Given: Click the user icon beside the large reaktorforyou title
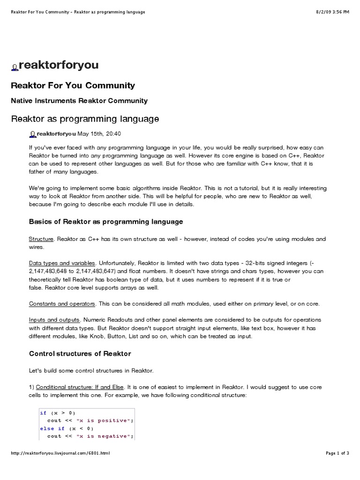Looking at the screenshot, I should pos(15,67).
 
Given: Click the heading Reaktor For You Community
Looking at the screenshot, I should pos(73,85).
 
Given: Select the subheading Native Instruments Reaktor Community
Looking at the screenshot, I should pos(79,100).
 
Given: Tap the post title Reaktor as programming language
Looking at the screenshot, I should pos(85,119).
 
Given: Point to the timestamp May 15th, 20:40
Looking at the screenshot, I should pos(99,134).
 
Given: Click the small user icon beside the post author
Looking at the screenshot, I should pos(32,134).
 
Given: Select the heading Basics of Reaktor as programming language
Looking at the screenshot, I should pos(106,221).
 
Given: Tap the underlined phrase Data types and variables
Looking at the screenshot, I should pos(62,263).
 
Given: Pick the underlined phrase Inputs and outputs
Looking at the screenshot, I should pos(54,320).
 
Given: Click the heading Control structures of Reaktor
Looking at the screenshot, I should pos(80,353).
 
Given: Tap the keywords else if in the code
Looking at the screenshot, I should pos(52,428).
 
